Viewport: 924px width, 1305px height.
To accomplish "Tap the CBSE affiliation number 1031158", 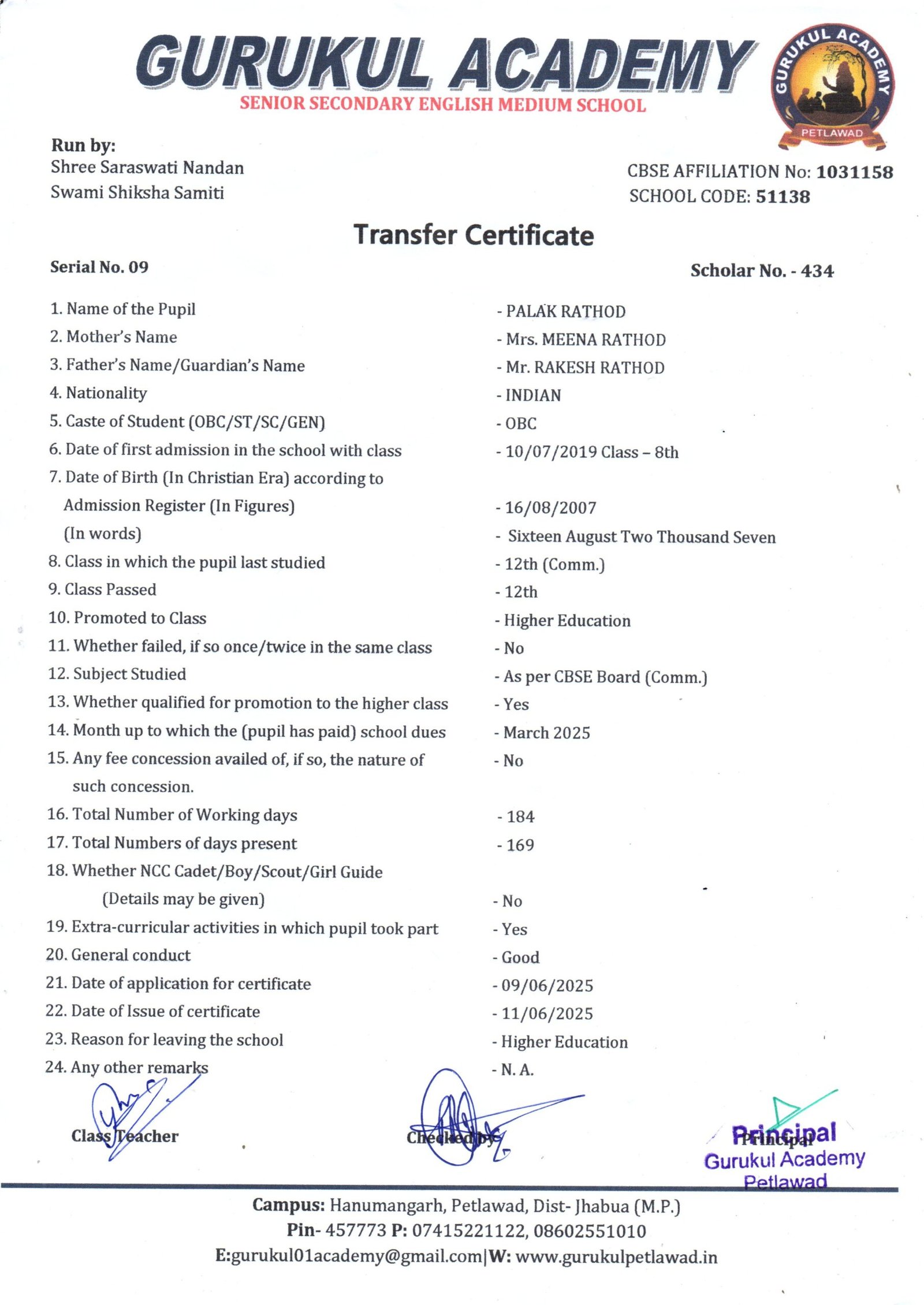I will click(854, 171).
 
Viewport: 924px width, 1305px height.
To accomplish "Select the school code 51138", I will click(783, 196).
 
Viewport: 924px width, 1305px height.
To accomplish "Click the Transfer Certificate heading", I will click(474, 235).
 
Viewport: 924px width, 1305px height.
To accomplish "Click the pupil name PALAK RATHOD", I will click(565, 311).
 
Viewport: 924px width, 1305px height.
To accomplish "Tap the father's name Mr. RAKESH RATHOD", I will click(584, 367).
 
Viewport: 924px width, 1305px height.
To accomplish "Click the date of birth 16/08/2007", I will click(550, 508).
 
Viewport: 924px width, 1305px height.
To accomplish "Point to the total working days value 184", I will click(520, 816).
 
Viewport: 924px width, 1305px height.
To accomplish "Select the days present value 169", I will click(520, 845).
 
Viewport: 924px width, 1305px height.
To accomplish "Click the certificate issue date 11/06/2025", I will click(547, 1013).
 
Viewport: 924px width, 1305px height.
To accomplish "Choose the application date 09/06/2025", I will click(547, 985).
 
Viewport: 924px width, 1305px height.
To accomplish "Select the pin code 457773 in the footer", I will click(356, 1231).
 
